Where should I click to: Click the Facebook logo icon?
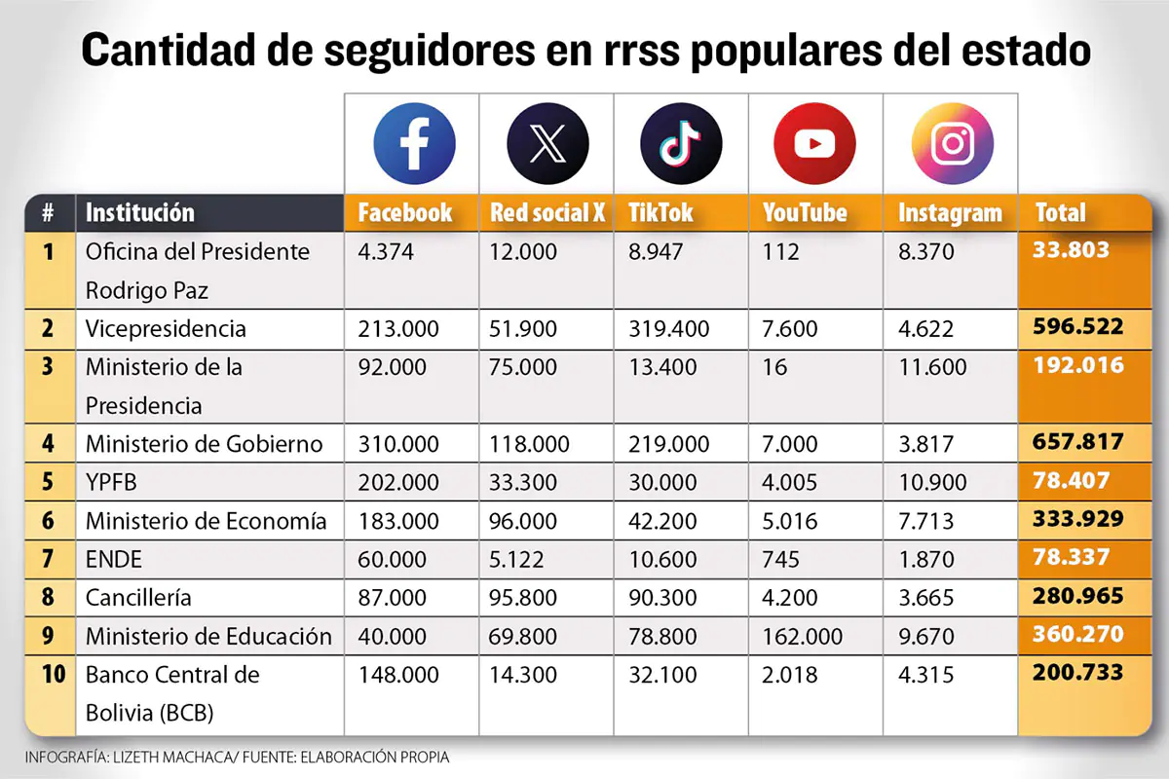coord(414,143)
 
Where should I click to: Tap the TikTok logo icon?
coord(681,143)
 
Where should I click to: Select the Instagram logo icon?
coord(953,143)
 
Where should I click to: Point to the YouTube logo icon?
coord(814,143)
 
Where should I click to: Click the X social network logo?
coord(547,143)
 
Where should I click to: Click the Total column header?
coord(1060,212)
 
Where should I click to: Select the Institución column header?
coord(140,212)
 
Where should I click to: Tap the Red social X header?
coord(547,212)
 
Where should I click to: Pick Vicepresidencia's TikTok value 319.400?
coord(668,329)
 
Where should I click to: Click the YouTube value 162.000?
coord(802,636)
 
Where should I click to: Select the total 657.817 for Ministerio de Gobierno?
coord(1077,442)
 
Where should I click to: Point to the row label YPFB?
coord(111,482)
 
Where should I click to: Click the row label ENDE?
coord(113,559)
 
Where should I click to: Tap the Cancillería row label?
coord(138,598)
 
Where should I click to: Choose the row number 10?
coord(54,674)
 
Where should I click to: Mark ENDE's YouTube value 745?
coord(780,559)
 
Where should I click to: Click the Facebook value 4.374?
coord(386,252)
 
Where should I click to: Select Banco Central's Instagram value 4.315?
coord(925,675)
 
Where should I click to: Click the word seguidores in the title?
coord(430,52)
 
